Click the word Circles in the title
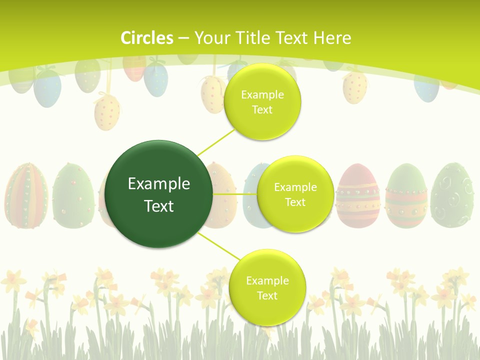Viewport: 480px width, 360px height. point(146,37)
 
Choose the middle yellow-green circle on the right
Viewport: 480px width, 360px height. point(295,215)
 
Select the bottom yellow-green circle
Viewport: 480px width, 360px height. point(267,310)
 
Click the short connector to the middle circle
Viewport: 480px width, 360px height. point(235,193)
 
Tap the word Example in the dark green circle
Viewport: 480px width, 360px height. point(159,184)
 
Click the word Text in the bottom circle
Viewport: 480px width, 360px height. point(267,295)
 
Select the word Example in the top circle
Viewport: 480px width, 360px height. point(262,94)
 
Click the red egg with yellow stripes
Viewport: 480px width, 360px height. point(357,195)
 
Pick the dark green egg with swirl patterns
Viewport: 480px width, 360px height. point(452,195)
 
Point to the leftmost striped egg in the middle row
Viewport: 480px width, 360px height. point(26,195)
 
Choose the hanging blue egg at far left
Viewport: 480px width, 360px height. point(47,88)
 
